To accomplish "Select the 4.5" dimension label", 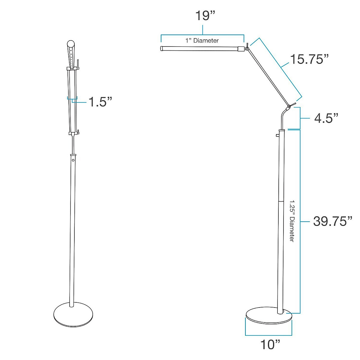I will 326,118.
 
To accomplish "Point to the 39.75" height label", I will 332,221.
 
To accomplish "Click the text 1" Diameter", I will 202,40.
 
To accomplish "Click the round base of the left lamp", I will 73,315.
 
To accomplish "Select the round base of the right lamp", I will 269,317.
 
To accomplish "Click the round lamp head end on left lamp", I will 71,44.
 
